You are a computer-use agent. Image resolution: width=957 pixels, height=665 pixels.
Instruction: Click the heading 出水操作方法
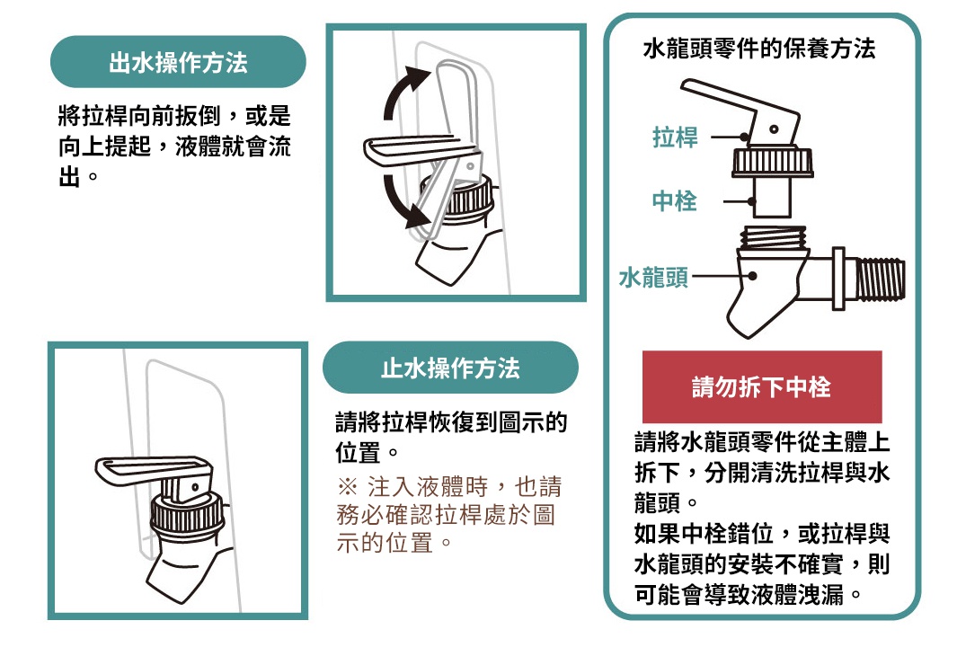point(178,62)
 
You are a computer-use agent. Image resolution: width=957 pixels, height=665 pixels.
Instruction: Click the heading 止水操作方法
point(450,368)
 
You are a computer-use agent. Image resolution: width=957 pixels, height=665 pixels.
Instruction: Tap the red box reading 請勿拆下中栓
point(762,387)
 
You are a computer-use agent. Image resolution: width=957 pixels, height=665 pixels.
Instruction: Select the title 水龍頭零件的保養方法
point(759,49)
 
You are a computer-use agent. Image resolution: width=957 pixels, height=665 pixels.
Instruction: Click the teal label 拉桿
point(675,137)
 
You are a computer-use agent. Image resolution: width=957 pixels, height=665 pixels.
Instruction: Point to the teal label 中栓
point(675,200)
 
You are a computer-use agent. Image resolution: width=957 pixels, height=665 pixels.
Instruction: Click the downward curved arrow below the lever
point(400,201)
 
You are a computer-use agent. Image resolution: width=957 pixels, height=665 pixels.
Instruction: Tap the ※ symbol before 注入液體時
point(347,488)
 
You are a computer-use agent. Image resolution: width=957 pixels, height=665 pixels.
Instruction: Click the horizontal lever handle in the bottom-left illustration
point(148,469)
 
